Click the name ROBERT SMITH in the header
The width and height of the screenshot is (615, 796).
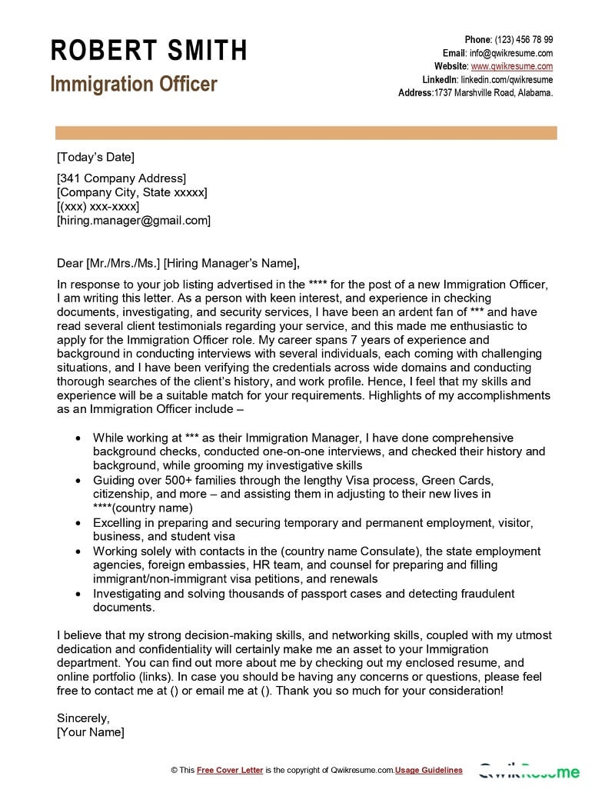point(149,51)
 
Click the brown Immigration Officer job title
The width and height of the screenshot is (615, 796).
point(134,84)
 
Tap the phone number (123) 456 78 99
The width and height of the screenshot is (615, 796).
point(524,40)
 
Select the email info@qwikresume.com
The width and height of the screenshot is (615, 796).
point(512,53)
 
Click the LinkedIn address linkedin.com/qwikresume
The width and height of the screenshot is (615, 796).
point(507,80)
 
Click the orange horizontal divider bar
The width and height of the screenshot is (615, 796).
point(307,134)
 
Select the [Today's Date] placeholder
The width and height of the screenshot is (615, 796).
point(95,158)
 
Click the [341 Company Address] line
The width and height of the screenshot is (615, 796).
point(121,179)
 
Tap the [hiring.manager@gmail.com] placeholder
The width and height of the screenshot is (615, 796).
point(134,221)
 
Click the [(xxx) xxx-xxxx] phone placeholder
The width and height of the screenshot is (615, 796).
point(98,207)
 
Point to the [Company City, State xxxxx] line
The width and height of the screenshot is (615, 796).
point(132,193)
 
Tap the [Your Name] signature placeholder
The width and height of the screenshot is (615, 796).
point(91,732)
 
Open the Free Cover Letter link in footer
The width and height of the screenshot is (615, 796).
point(230,770)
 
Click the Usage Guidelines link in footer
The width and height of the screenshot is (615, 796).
point(429,770)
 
